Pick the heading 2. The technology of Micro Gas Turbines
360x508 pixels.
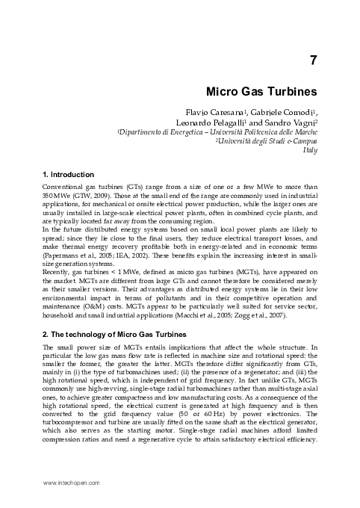[111, 335]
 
